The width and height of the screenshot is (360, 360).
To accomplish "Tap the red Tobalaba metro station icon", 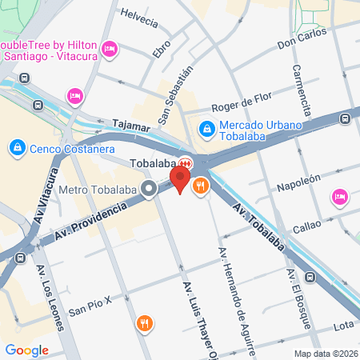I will coord(185,161).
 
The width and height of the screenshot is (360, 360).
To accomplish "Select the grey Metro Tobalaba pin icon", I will coord(148,190).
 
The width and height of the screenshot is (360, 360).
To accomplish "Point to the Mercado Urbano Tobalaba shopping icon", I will coord(206,126).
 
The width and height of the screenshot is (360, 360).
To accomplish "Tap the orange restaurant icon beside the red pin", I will coord(200,186).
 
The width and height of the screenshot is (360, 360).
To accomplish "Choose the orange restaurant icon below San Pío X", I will coord(145,324).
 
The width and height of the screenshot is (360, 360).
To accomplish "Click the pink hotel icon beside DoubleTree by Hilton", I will coord(111,50).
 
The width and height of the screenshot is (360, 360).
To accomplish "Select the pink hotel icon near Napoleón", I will coord(339,196).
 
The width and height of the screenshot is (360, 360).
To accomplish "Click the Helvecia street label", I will coord(139,18).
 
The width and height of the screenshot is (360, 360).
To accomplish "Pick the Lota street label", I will coord(343,325).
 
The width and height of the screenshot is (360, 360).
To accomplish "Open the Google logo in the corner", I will coord(26,350).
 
